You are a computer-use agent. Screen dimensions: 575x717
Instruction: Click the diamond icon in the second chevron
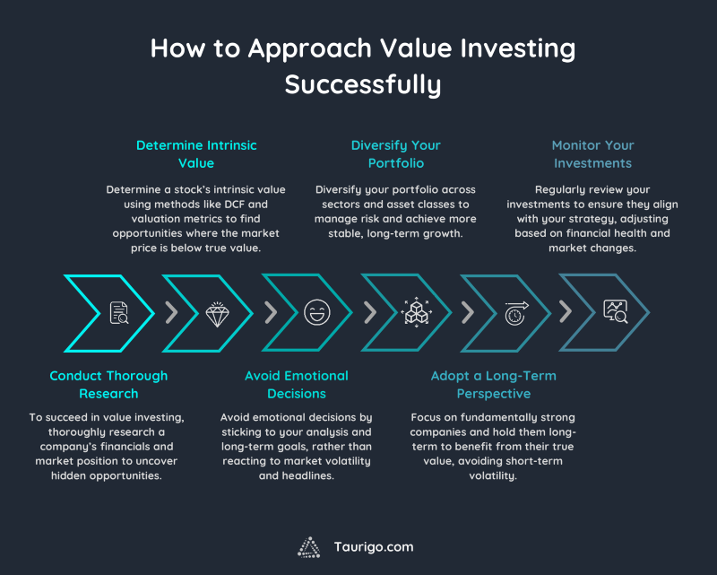point(217,313)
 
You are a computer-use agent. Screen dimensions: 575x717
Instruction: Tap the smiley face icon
point(315,313)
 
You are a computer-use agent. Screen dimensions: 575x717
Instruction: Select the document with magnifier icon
point(118,313)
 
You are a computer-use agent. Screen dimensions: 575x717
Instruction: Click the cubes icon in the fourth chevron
point(415,313)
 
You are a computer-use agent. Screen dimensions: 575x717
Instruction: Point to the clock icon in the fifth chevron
point(514,313)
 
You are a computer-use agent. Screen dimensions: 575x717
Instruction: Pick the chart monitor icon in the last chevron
point(615,312)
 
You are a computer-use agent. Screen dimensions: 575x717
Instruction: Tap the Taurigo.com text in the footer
point(375,546)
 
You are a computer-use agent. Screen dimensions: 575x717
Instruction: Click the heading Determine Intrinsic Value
point(195,153)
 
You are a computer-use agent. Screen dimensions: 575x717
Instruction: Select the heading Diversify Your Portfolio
point(395,153)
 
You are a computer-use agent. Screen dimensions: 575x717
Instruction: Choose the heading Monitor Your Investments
point(592,153)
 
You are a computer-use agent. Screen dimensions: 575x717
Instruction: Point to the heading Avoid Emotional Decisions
point(297,384)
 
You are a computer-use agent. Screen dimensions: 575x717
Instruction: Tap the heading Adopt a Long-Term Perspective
point(494,384)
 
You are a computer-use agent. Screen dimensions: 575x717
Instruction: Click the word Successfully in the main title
point(363,84)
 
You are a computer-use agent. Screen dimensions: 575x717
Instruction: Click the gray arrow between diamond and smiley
point(270,312)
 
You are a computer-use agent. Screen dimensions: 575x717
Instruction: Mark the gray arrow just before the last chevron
point(566,312)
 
